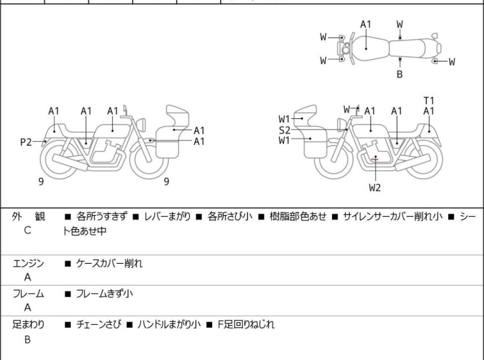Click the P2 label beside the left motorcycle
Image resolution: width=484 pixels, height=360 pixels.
point(26,142)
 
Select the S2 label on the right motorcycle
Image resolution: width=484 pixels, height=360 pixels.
point(285,130)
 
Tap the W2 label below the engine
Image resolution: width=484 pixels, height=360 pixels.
point(375,188)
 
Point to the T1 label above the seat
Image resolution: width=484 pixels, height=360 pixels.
point(429,100)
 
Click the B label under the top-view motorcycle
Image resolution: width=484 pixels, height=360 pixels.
point(399,74)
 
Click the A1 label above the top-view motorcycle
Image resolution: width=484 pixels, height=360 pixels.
point(365,24)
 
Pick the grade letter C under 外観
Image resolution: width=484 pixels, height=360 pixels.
point(28,229)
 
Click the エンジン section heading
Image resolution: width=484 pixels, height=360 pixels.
point(28,264)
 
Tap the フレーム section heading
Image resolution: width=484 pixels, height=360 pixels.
point(28,294)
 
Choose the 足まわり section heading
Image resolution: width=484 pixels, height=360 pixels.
point(28,325)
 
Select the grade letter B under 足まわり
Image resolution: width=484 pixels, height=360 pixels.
point(28,339)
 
